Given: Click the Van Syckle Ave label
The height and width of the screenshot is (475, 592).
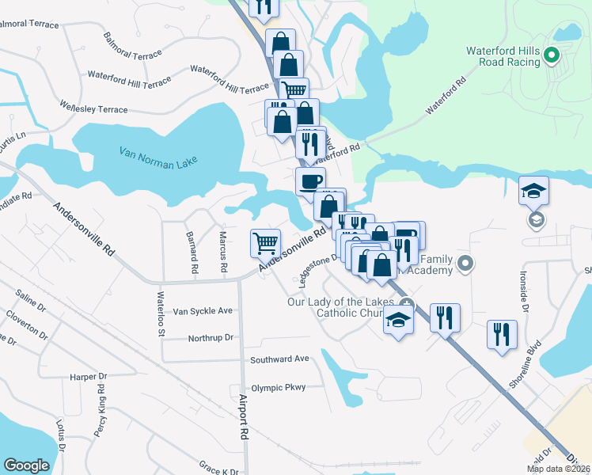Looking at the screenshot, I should click(203, 311).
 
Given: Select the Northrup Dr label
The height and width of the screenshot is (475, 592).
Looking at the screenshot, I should click(211, 338).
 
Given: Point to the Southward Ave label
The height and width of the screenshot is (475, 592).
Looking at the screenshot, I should click(279, 359).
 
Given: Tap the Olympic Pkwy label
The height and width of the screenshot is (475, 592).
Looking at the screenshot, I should click(278, 388).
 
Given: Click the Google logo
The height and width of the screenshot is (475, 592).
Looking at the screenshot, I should click(27, 465).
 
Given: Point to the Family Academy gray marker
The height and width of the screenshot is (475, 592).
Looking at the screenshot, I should click(465, 263).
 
